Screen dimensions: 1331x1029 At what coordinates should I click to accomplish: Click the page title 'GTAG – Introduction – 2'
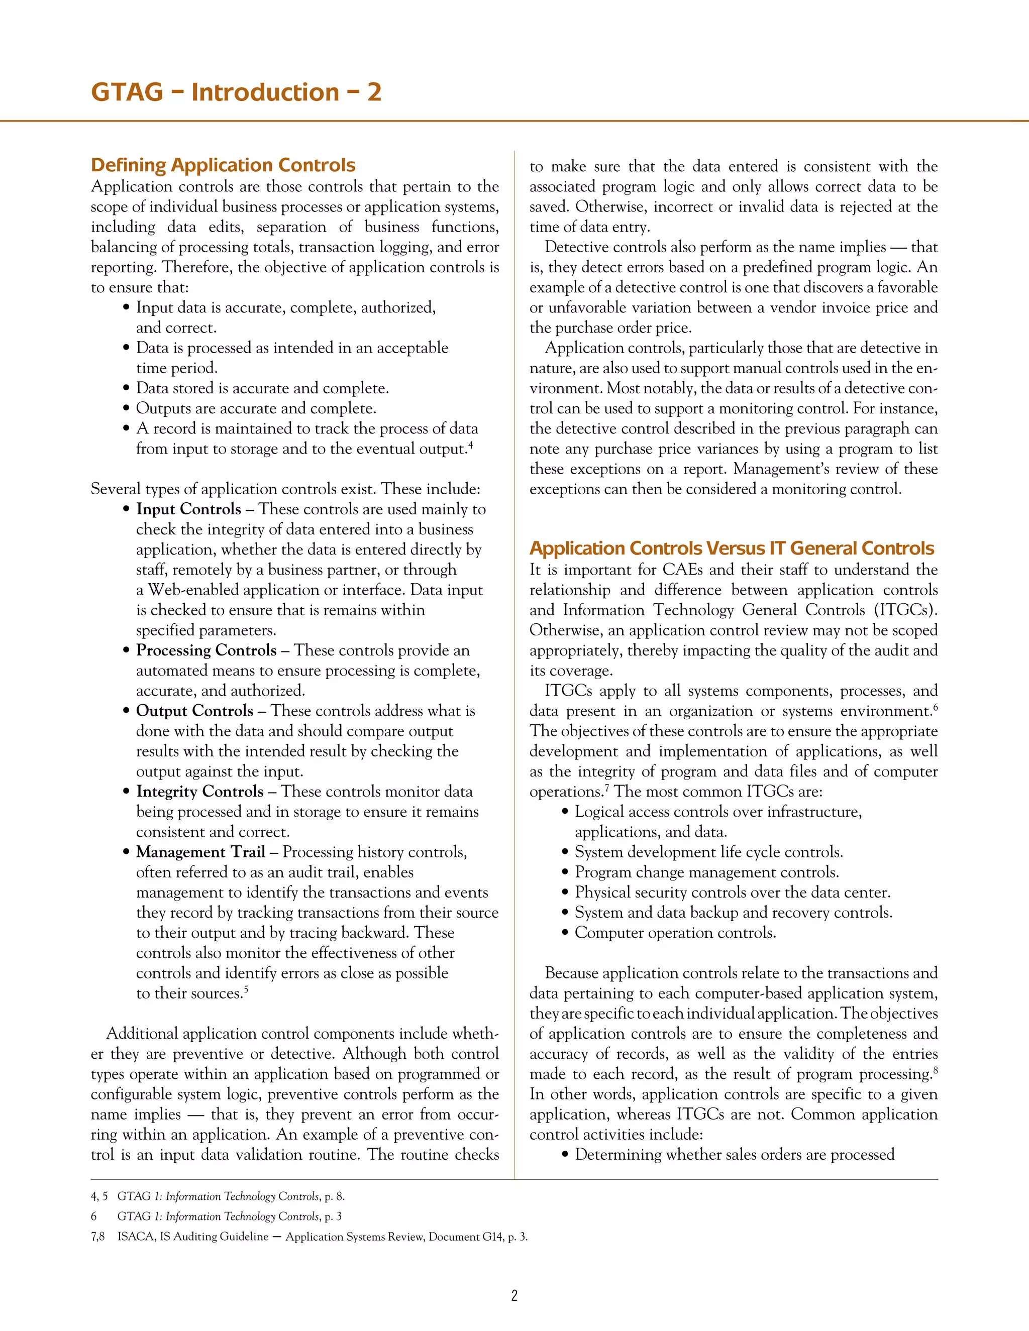pyautogui.click(x=236, y=92)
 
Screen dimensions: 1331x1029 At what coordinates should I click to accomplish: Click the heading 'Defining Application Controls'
pyautogui.click(x=223, y=165)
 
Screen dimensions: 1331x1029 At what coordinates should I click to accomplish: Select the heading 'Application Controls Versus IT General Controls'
pyautogui.click(x=731, y=548)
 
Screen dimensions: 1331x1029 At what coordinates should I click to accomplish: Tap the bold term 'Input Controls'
pyautogui.click(x=188, y=509)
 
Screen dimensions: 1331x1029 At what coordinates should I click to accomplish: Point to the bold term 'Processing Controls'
pyautogui.click(x=206, y=650)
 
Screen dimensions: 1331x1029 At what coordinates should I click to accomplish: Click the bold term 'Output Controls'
pyautogui.click(x=194, y=711)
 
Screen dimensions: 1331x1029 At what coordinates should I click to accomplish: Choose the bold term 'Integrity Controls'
pyautogui.click(x=199, y=791)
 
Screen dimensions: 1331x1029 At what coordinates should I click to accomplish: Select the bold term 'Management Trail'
pyautogui.click(x=200, y=851)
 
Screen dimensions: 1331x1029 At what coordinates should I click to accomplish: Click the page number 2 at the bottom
pyautogui.click(x=514, y=1295)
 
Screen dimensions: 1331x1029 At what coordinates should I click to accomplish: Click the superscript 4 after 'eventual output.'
pyautogui.click(x=471, y=445)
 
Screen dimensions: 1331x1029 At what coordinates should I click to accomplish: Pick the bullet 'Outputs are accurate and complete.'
pyautogui.click(x=256, y=408)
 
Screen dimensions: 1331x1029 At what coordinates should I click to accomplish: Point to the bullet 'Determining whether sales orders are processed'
pyautogui.click(x=734, y=1154)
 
